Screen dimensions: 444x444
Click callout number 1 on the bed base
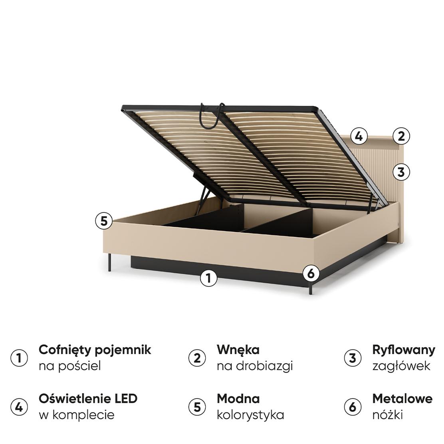coord(208,278)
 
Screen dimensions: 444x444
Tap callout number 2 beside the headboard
coord(401,136)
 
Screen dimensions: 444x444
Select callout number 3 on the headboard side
coord(401,172)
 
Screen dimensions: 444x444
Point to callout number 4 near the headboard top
coord(359,136)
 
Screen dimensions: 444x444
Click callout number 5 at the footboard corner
coord(104,221)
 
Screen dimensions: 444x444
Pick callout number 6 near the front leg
coord(311,274)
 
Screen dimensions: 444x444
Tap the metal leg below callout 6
coord(310,289)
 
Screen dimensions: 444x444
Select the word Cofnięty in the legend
coord(64,350)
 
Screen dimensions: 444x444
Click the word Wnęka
coord(238,350)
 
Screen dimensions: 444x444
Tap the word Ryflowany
coord(403,350)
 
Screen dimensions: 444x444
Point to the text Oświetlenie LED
coord(88,398)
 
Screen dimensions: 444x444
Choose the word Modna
coord(238,398)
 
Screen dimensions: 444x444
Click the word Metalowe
coord(402,398)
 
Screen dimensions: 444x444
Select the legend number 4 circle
coord(19,407)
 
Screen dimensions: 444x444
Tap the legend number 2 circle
coord(197,358)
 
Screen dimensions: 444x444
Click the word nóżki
coord(387,414)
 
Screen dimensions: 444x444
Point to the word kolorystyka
coord(250,414)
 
